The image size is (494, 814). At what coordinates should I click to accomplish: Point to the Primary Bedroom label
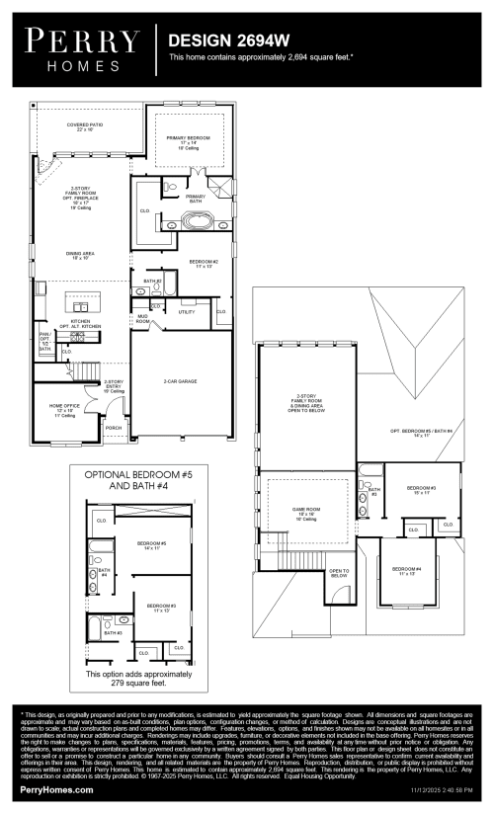tap(189, 140)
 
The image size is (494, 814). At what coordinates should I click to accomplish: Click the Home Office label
tap(64, 408)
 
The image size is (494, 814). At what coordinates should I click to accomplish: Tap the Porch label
tap(114, 428)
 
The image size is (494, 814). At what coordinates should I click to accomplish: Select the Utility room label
tap(187, 311)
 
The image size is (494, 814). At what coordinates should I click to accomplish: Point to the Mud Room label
tap(143, 318)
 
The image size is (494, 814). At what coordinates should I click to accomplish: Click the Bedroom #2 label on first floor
tap(203, 264)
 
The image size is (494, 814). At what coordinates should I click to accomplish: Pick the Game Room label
tap(303, 512)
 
